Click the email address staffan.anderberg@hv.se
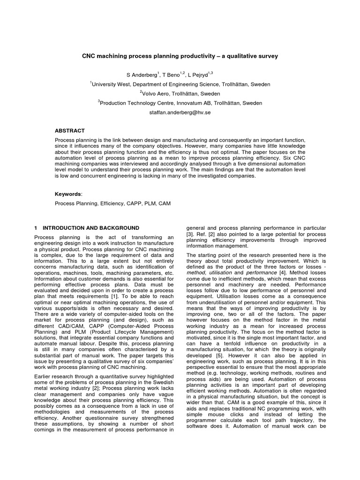[180, 112]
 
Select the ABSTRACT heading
[70, 131]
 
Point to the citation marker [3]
[190, 233]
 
